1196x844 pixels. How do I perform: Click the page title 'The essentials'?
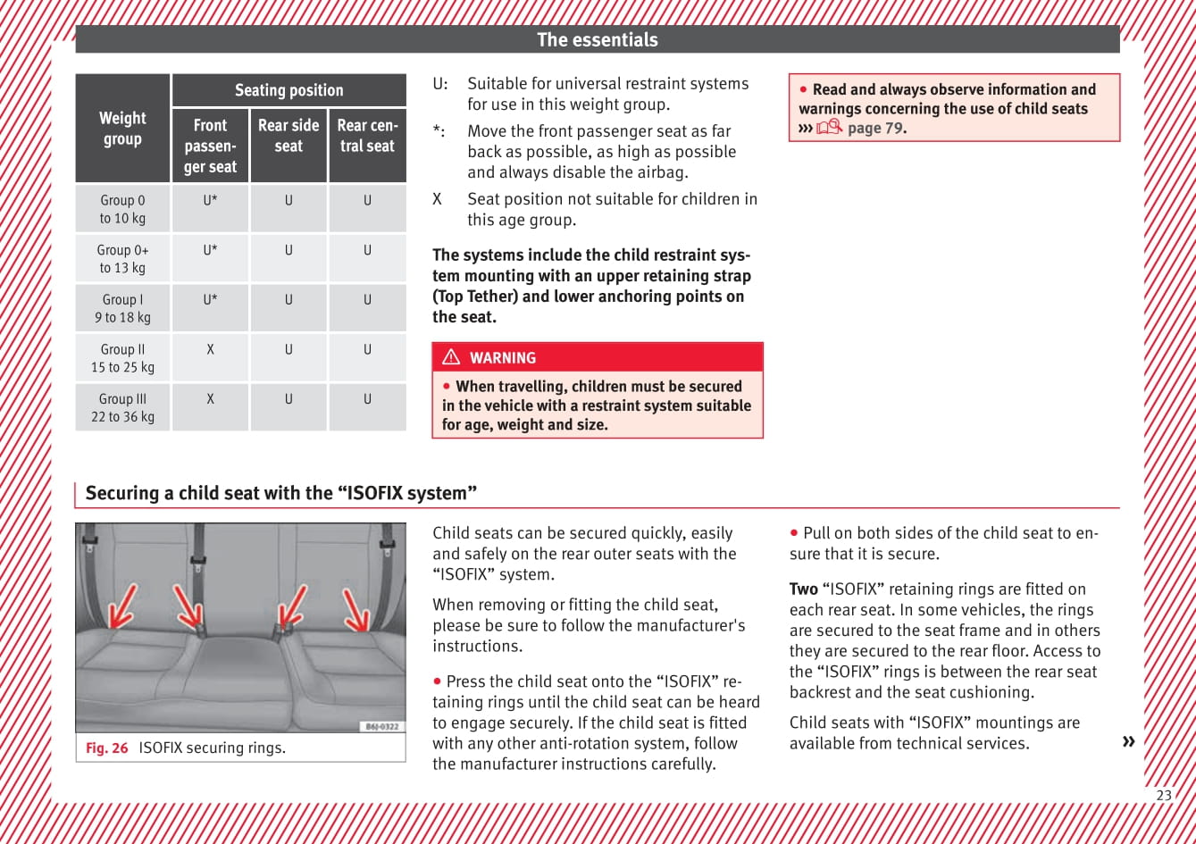click(597, 39)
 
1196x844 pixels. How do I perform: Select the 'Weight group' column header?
click(122, 129)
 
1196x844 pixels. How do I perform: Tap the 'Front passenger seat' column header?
click(210, 146)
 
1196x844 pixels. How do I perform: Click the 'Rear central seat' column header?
click(367, 136)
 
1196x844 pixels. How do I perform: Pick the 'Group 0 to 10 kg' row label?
click(122, 209)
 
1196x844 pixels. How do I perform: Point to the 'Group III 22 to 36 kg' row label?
click(122, 408)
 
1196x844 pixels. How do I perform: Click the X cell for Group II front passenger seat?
click(210, 350)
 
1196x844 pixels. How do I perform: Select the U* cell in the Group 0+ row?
click(210, 250)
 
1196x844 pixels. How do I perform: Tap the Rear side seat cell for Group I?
click(289, 300)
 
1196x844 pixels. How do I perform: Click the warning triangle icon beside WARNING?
click(451, 357)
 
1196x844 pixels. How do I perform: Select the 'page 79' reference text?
click(875, 129)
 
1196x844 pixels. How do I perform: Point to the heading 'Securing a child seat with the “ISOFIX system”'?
click(281, 493)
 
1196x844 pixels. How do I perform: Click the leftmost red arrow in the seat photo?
click(122, 606)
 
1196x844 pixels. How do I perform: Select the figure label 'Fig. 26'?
click(107, 748)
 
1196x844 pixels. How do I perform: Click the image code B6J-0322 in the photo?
click(381, 726)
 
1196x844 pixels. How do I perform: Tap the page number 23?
click(1164, 795)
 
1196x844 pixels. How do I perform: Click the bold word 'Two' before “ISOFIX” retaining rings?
click(803, 589)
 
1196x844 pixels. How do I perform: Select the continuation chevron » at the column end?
click(1128, 741)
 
